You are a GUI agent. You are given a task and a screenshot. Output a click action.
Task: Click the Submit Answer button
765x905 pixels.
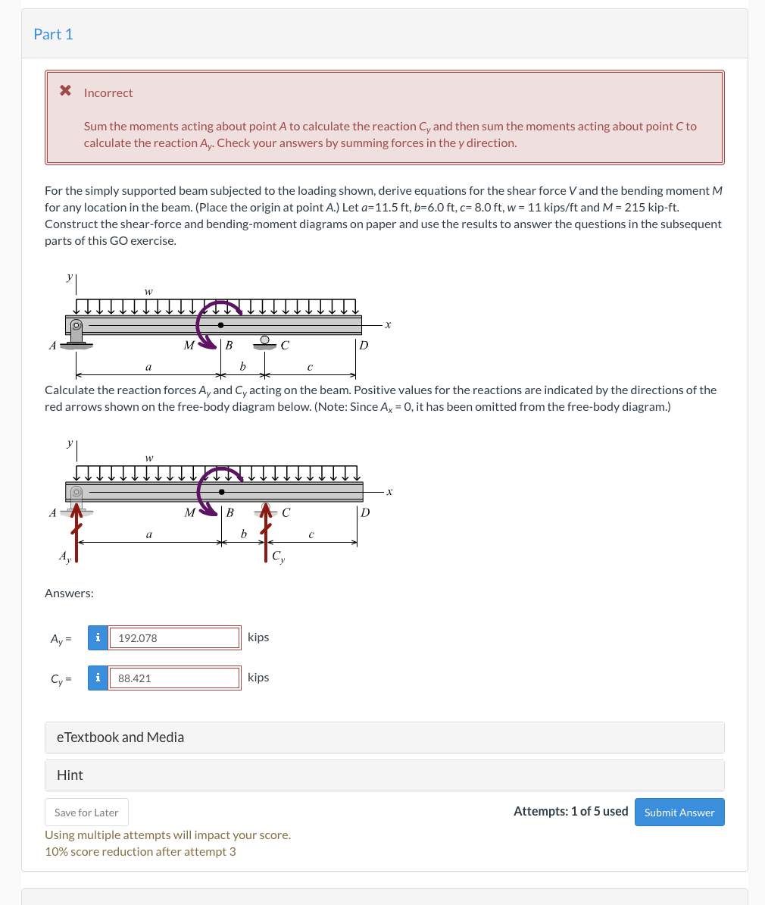(679, 812)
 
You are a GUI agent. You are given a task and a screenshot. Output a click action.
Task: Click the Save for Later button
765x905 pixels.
(86, 812)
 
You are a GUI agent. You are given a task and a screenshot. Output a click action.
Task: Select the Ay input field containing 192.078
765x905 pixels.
(175, 638)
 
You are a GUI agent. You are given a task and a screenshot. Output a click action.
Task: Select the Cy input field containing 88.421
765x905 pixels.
(175, 678)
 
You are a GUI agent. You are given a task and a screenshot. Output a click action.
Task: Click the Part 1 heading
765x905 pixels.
(53, 34)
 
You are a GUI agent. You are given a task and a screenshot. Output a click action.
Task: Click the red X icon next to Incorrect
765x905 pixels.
(66, 92)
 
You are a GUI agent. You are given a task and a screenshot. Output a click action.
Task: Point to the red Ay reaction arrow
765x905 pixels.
(76, 534)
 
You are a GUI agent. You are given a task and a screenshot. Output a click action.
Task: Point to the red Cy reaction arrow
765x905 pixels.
(264, 534)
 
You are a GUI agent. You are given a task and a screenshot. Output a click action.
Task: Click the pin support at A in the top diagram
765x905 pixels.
(76, 334)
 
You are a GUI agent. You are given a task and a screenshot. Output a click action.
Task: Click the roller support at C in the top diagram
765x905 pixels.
(264, 341)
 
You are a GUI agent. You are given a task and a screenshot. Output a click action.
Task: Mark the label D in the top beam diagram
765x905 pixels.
(364, 346)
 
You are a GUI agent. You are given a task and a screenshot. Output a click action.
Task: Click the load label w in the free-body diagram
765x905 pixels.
(149, 458)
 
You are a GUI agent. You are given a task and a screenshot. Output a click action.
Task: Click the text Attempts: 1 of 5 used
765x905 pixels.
(570, 811)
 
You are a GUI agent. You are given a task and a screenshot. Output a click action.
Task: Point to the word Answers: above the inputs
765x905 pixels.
(69, 593)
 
